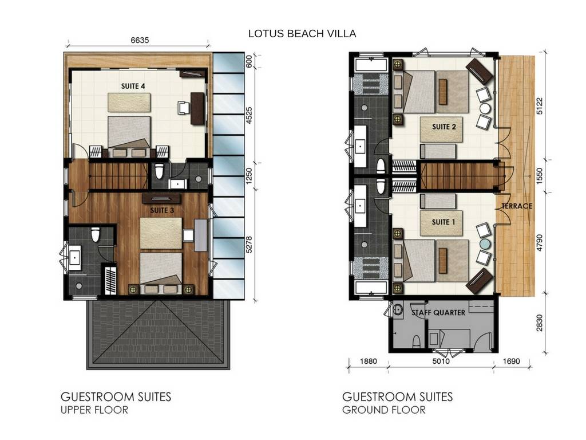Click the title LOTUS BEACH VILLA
(x=302, y=34)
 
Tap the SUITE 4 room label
(x=133, y=86)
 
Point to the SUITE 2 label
(x=444, y=127)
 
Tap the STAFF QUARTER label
(x=438, y=313)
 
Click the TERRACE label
(x=517, y=206)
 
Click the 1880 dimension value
(x=369, y=362)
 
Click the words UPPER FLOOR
(x=94, y=410)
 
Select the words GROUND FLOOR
(x=383, y=410)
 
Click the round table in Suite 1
(x=485, y=243)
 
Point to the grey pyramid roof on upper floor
(x=157, y=333)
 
